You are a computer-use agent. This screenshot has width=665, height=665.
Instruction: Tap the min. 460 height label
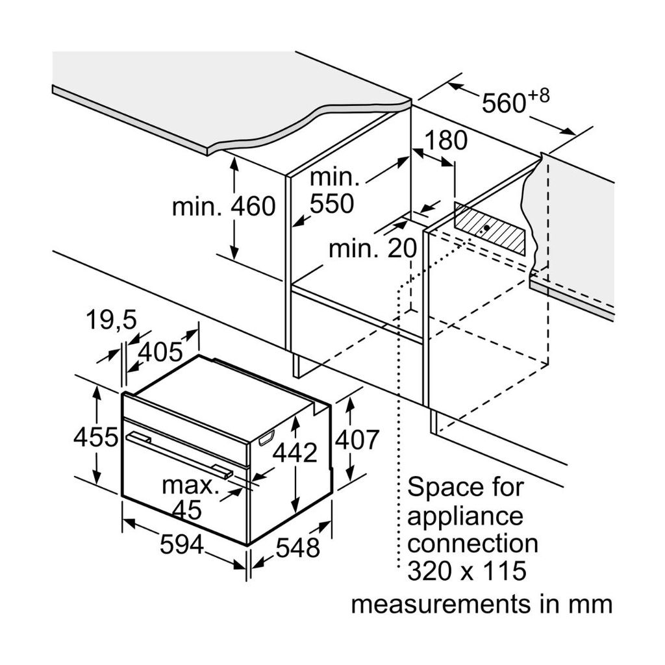coord(224,207)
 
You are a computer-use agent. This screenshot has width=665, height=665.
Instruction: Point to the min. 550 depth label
coord(333,190)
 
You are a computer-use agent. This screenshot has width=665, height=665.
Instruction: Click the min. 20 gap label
coord(372,248)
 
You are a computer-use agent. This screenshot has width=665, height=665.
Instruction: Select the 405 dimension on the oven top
coord(160,352)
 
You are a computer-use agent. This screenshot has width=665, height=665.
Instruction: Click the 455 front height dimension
coord(95,437)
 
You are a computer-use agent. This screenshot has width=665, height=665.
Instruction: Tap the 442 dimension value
coord(294,453)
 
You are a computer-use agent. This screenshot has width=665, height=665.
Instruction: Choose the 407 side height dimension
coord(356,440)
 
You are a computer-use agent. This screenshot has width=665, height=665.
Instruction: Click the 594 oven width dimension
coord(181,544)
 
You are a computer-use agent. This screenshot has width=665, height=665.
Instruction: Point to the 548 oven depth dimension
coord(298,547)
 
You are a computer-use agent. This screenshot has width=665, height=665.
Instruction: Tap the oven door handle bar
coord(179,454)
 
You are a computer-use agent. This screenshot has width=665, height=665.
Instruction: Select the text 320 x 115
coord(466,571)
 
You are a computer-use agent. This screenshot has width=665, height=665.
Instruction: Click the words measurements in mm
coord(481,605)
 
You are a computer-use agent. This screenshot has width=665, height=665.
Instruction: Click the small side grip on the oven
coord(266,440)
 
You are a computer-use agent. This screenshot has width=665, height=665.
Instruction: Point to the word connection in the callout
coord(472,543)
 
